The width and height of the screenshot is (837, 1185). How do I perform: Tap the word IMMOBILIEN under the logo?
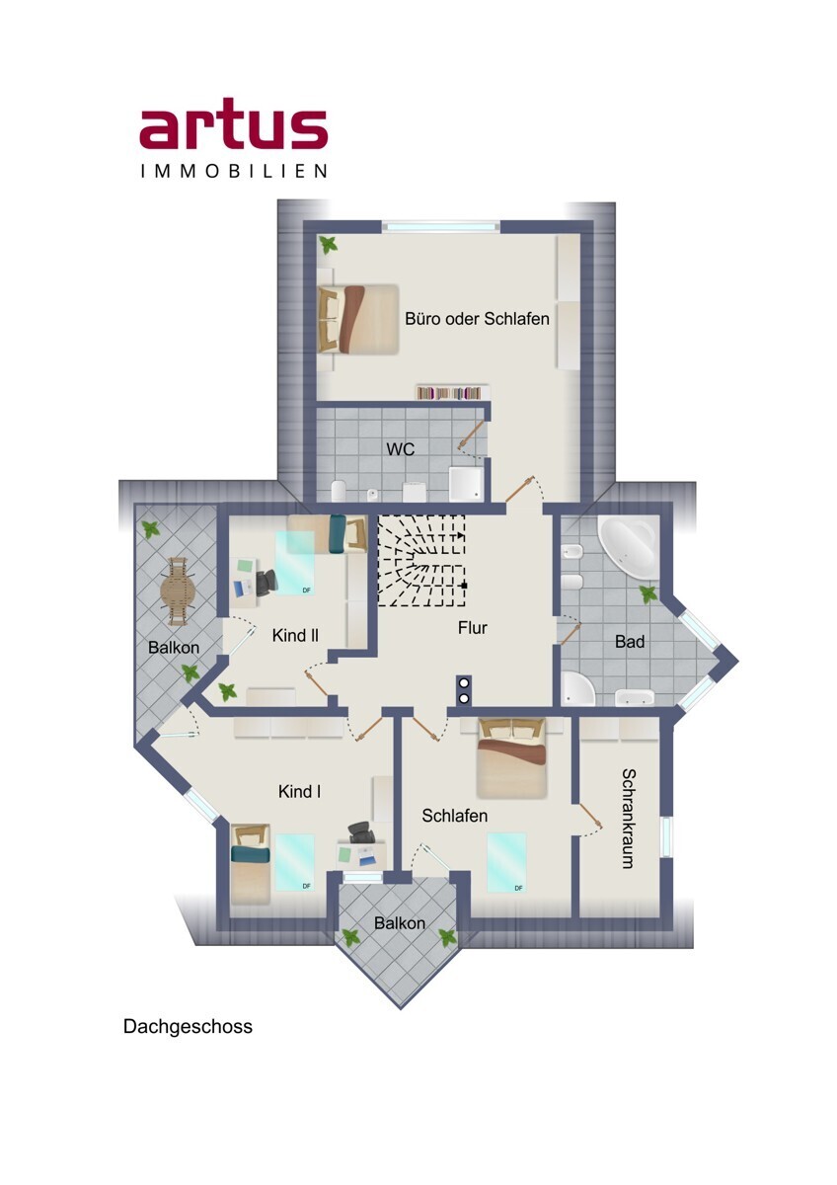pyautogui.click(x=234, y=171)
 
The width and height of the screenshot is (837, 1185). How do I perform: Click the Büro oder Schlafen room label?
pyautogui.click(x=477, y=318)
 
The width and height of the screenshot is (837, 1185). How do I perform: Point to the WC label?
pyautogui.click(x=401, y=449)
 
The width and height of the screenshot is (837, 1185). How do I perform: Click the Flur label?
pyautogui.click(x=472, y=628)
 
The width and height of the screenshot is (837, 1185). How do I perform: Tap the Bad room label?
pyautogui.click(x=630, y=642)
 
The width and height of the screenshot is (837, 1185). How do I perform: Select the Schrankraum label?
pyautogui.click(x=628, y=819)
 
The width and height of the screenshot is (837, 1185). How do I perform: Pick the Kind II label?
pyautogui.click(x=295, y=635)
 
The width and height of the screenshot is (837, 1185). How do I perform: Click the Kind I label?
pyautogui.click(x=299, y=791)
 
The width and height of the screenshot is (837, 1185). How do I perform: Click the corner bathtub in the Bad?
pyautogui.click(x=628, y=547)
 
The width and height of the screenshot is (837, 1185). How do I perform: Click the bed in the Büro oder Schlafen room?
pyautogui.click(x=357, y=320)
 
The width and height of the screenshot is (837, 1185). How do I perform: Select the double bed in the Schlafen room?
pyautogui.click(x=511, y=757)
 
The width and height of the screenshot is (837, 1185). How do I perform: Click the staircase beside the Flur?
pyautogui.click(x=421, y=560)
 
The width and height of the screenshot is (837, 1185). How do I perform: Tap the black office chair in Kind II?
pyautogui.click(x=266, y=583)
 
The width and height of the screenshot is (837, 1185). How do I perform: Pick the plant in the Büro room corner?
pyautogui.click(x=329, y=246)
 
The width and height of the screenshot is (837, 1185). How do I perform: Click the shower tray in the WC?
pyautogui.click(x=466, y=484)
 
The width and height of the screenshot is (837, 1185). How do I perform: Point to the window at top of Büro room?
pyautogui.click(x=441, y=226)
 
